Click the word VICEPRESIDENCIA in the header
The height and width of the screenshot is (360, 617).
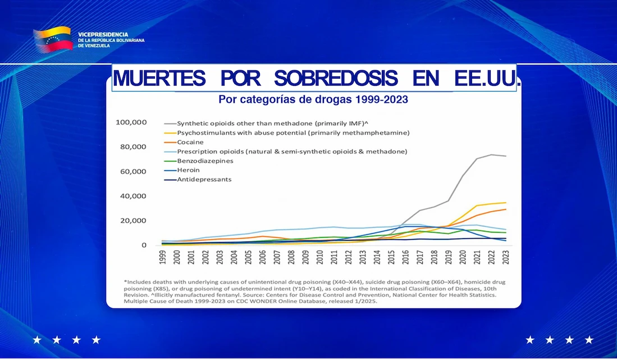pyautogui.click(x=103, y=34)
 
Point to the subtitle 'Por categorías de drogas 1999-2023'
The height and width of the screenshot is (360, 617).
pyautogui.click(x=313, y=100)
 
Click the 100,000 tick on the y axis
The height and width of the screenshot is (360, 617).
pyautogui.click(x=131, y=122)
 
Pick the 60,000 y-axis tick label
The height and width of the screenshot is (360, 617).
pyautogui.click(x=133, y=171)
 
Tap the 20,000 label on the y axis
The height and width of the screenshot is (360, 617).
pyautogui.click(x=133, y=221)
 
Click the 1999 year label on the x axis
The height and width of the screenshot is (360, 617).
pyautogui.click(x=162, y=258)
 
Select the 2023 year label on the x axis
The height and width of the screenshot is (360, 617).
pyautogui.click(x=506, y=258)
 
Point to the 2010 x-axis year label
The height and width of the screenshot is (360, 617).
pyautogui.click(x=320, y=258)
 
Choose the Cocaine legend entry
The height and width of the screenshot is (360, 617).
pyautogui.click(x=190, y=142)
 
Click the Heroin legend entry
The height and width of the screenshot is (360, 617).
pyautogui.click(x=188, y=170)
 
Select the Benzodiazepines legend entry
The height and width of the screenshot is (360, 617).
pyautogui.click(x=205, y=161)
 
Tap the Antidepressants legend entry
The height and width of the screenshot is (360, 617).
pyautogui.click(x=204, y=180)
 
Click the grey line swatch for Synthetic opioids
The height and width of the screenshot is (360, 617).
pyautogui.click(x=169, y=123)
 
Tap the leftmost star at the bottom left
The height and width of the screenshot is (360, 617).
pyautogui.click(x=37, y=340)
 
